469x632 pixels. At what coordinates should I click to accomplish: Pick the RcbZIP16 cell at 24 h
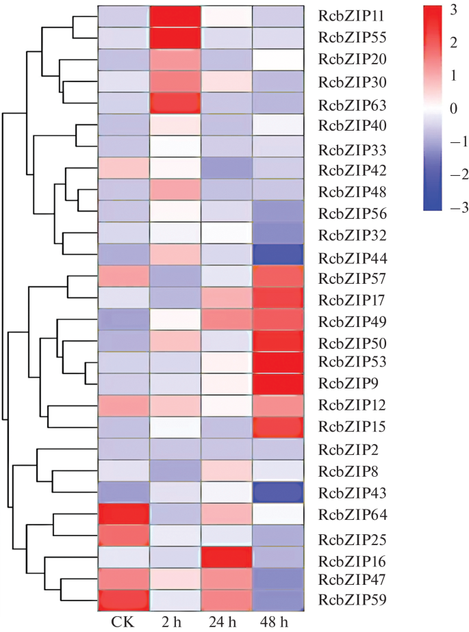(227, 559)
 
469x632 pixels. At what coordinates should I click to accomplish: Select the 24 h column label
(227, 622)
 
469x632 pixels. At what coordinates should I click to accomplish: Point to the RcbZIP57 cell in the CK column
(123, 277)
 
